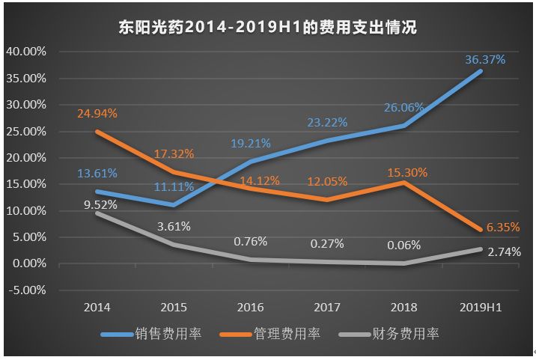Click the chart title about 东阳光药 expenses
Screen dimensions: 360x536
point(267,28)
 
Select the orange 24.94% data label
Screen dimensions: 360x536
point(97,114)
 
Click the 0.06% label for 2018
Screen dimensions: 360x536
point(405,245)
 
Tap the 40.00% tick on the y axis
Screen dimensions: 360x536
point(26,52)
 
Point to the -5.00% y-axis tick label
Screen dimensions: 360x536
point(26,290)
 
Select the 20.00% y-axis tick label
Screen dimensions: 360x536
point(26,158)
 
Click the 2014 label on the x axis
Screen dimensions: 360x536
point(97,308)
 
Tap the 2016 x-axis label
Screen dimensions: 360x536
point(251,308)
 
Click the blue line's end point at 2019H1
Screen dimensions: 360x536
point(481,71)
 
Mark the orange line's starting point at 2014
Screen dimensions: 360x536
point(97,131)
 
